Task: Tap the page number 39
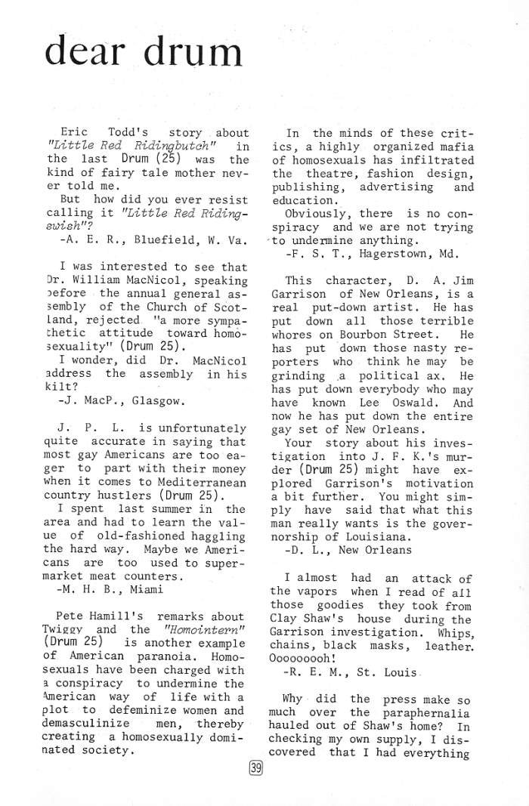(255, 769)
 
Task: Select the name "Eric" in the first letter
(73, 134)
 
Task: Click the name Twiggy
(76, 629)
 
